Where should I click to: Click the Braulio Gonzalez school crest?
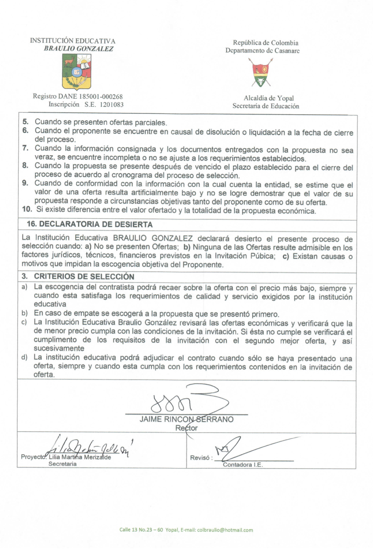pyautogui.click(x=77, y=72)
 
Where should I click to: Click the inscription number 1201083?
pyautogui.click(x=112, y=104)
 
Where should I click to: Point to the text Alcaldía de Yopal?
pyautogui.click(x=269, y=98)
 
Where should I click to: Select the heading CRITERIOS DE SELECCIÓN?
pyautogui.click(x=84, y=276)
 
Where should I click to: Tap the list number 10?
pyautogui.click(x=27, y=209)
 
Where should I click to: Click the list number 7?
pyautogui.click(x=26, y=148)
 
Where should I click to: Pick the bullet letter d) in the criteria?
pyautogui.click(x=24, y=357)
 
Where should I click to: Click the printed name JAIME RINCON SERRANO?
pyautogui.click(x=186, y=419)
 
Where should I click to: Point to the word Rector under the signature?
pyautogui.click(x=186, y=428)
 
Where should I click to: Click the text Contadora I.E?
pyautogui.click(x=243, y=465)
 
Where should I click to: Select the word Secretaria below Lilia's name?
pyautogui.click(x=62, y=464)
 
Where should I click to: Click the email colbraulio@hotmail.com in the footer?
pyautogui.click(x=225, y=530)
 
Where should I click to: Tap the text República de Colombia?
pyautogui.click(x=266, y=43)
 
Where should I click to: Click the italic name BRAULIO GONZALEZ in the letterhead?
pyautogui.click(x=78, y=49)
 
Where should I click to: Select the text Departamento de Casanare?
pyautogui.click(x=262, y=50)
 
